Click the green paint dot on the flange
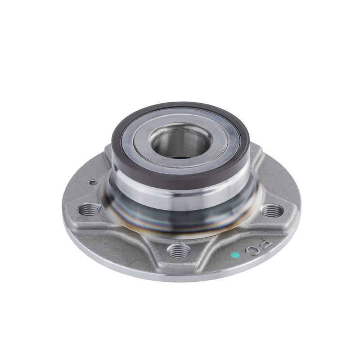tap(234, 256)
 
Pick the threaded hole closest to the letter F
tap(272, 210)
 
